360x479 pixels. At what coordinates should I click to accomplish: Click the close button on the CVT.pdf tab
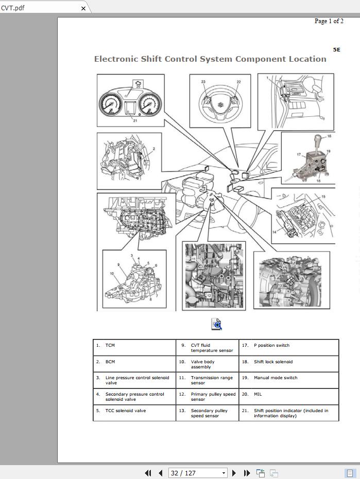click(84, 8)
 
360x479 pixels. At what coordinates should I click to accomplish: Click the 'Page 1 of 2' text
click(329, 21)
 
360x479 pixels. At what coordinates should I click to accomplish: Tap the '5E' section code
click(336, 50)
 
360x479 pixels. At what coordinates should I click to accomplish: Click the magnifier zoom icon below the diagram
click(216, 324)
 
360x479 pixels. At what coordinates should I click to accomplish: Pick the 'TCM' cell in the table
click(110, 346)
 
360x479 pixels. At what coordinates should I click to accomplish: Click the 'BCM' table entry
click(110, 362)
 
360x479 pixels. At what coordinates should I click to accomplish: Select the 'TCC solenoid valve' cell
click(126, 411)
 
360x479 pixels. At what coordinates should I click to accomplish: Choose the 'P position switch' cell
click(279, 346)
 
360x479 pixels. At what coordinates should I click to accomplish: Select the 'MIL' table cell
click(258, 394)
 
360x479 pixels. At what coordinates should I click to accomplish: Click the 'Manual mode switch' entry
click(276, 378)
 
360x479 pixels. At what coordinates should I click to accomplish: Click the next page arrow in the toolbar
click(234, 473)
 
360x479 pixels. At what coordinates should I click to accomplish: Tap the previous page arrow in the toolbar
click(161, 473)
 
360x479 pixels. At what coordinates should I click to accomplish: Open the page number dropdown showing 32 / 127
click(224, 473)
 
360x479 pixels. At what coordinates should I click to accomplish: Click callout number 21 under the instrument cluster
click(135, 120)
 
